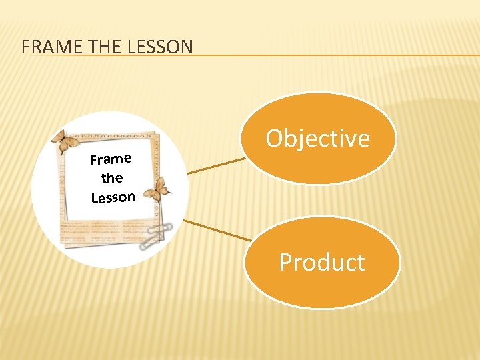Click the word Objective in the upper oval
coord(317,138)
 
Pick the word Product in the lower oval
coord(322,262)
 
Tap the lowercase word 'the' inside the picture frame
coord(111,178)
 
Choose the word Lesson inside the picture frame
coord(113,197)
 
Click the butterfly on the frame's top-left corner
coord(65,141)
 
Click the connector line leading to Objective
coord(217,166)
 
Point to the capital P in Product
coord(286,262)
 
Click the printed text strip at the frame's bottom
coord(100,231)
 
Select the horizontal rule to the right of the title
coord(333,55)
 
